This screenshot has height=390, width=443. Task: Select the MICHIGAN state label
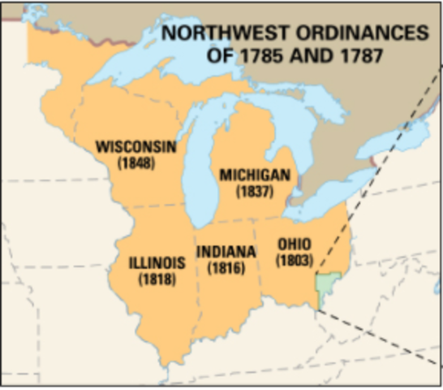254,175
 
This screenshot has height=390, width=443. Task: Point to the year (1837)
254,191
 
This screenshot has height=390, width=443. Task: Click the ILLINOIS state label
157,263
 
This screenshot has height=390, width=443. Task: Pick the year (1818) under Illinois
157,279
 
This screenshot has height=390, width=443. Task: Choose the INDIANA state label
226,251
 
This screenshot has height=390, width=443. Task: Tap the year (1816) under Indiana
226,266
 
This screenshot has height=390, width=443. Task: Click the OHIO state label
293,244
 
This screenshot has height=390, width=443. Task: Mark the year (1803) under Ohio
293,259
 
